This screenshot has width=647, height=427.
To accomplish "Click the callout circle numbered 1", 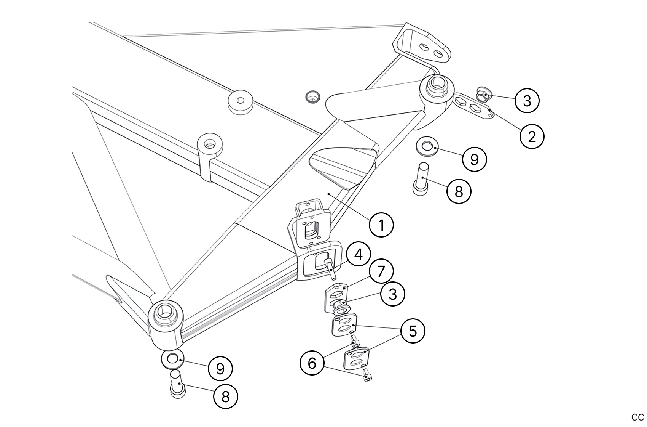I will [381, 225].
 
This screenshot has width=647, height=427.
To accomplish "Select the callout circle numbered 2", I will [532, 136].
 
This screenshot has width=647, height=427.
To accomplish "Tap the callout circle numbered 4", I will [358, 254].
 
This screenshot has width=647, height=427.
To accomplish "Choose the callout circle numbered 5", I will [413, 331].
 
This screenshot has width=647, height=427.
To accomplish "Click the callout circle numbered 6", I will [312, 363].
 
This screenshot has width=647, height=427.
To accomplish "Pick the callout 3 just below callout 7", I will [392, 294].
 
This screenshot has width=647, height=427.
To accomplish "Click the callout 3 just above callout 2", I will [527, 101].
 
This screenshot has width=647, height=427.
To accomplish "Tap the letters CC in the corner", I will [637, 417].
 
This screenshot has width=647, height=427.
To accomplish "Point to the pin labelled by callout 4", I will [330, 268].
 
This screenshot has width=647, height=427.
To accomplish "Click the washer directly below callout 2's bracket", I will [427, 147].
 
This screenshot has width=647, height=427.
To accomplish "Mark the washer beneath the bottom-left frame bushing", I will [172, 359].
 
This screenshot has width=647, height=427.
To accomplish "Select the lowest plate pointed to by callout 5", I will [357, 358].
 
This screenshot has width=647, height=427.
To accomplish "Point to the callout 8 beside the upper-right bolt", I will [459, 191].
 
